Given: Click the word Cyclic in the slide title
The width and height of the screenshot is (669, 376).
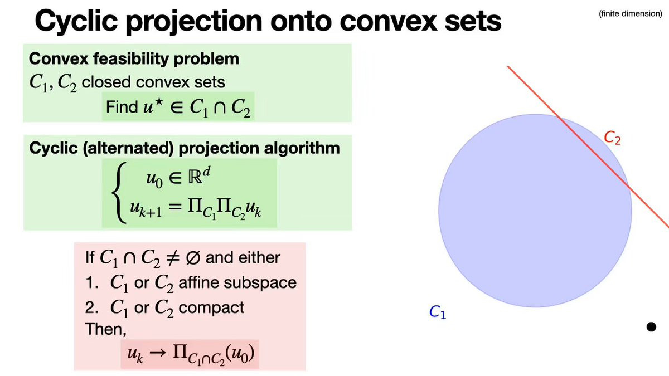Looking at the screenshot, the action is pos(76,22).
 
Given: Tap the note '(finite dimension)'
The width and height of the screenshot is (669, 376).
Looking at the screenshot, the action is pos(630,14).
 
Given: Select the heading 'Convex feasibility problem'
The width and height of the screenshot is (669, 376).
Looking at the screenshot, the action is pos(134,59).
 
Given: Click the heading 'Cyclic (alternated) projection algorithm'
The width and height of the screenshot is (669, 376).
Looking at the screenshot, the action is pos(185,148).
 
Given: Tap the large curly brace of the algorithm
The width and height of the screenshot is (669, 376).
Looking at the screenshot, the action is pos(119,193).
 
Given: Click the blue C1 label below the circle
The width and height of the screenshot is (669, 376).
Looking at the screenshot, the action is pos(438,312).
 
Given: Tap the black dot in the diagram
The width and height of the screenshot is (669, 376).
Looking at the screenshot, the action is pos(651,327).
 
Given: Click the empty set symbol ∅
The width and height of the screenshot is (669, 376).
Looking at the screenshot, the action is pos(193,257).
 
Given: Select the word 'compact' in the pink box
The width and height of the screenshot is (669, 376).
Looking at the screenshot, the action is pos(211,308).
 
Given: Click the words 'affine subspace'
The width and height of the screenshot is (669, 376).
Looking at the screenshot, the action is pos(237,282).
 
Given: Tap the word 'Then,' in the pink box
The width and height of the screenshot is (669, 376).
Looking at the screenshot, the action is pos(106,329).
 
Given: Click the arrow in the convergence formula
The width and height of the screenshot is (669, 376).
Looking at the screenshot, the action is pos(158,353).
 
